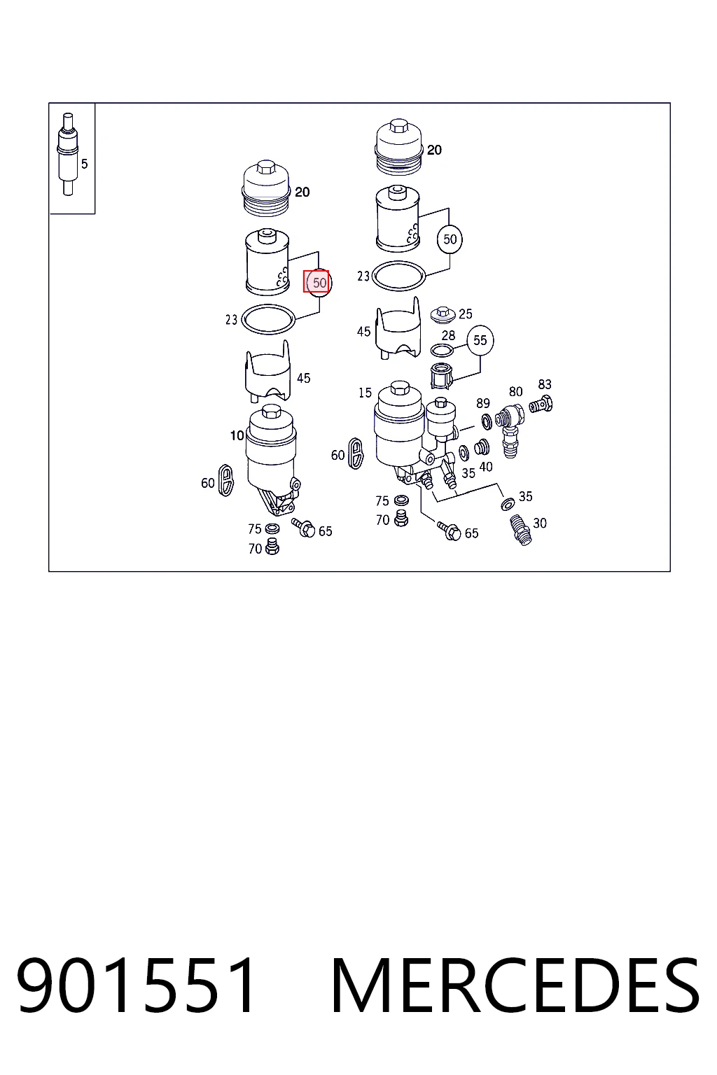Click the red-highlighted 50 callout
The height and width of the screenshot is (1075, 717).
click(316, 282)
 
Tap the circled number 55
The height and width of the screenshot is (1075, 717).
click(480, 340)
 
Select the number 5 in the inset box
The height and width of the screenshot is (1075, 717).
click(85, 164)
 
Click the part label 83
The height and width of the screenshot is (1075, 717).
click(545, 384)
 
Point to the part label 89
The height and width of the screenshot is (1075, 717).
click(483, 403)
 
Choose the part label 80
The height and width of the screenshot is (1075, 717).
click(516, 392)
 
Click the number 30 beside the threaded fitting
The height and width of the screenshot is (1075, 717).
click(540, 523)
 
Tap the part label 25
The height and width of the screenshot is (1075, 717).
click(466, 314)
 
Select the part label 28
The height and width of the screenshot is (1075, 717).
click(448, 335)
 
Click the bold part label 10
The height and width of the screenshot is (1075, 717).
click(237, 435)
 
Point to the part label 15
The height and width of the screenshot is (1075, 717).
click(365, 393)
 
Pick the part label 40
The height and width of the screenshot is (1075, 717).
click(486, 467)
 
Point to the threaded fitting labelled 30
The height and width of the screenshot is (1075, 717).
click(520, 531)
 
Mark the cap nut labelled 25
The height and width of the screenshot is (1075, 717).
click(443, 315)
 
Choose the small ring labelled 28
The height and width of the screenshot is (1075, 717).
click(442, 351)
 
